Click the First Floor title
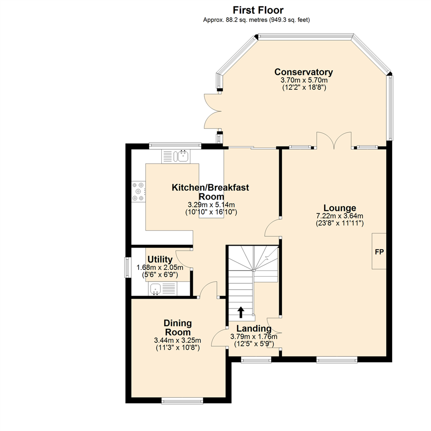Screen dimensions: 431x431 258,10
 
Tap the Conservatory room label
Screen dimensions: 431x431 303,72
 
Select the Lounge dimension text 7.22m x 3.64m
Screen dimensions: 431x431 340,216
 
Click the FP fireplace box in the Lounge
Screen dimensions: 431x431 379,251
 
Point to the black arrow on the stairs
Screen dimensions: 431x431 241,312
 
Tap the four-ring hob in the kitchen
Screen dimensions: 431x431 139,192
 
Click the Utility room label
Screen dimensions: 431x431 160,259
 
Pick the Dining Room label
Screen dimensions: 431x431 178,327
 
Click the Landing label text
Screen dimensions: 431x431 254,329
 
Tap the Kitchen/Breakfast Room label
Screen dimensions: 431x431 210,192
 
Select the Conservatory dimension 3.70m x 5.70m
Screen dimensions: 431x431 303,80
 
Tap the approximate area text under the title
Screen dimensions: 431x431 257,20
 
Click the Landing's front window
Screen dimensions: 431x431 256,360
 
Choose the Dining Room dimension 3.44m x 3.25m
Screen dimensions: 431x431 177,340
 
